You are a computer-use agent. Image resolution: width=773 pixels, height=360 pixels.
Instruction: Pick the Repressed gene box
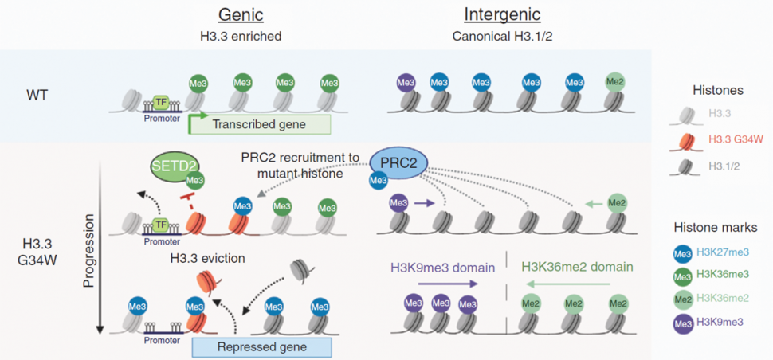pyautogui.click(x=261, y=346)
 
